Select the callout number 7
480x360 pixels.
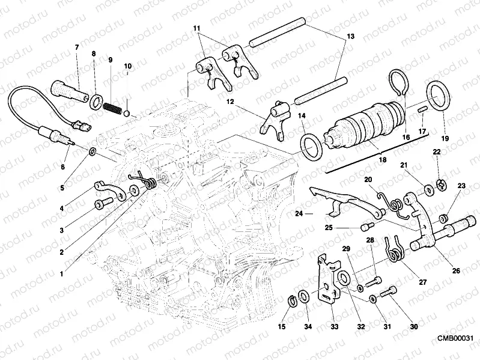coord(76,47)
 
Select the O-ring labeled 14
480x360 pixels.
coord(312,146)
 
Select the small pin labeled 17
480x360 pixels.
coord(422,109)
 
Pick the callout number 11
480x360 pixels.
coord(196,28)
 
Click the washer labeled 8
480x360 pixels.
coord(95,99)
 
